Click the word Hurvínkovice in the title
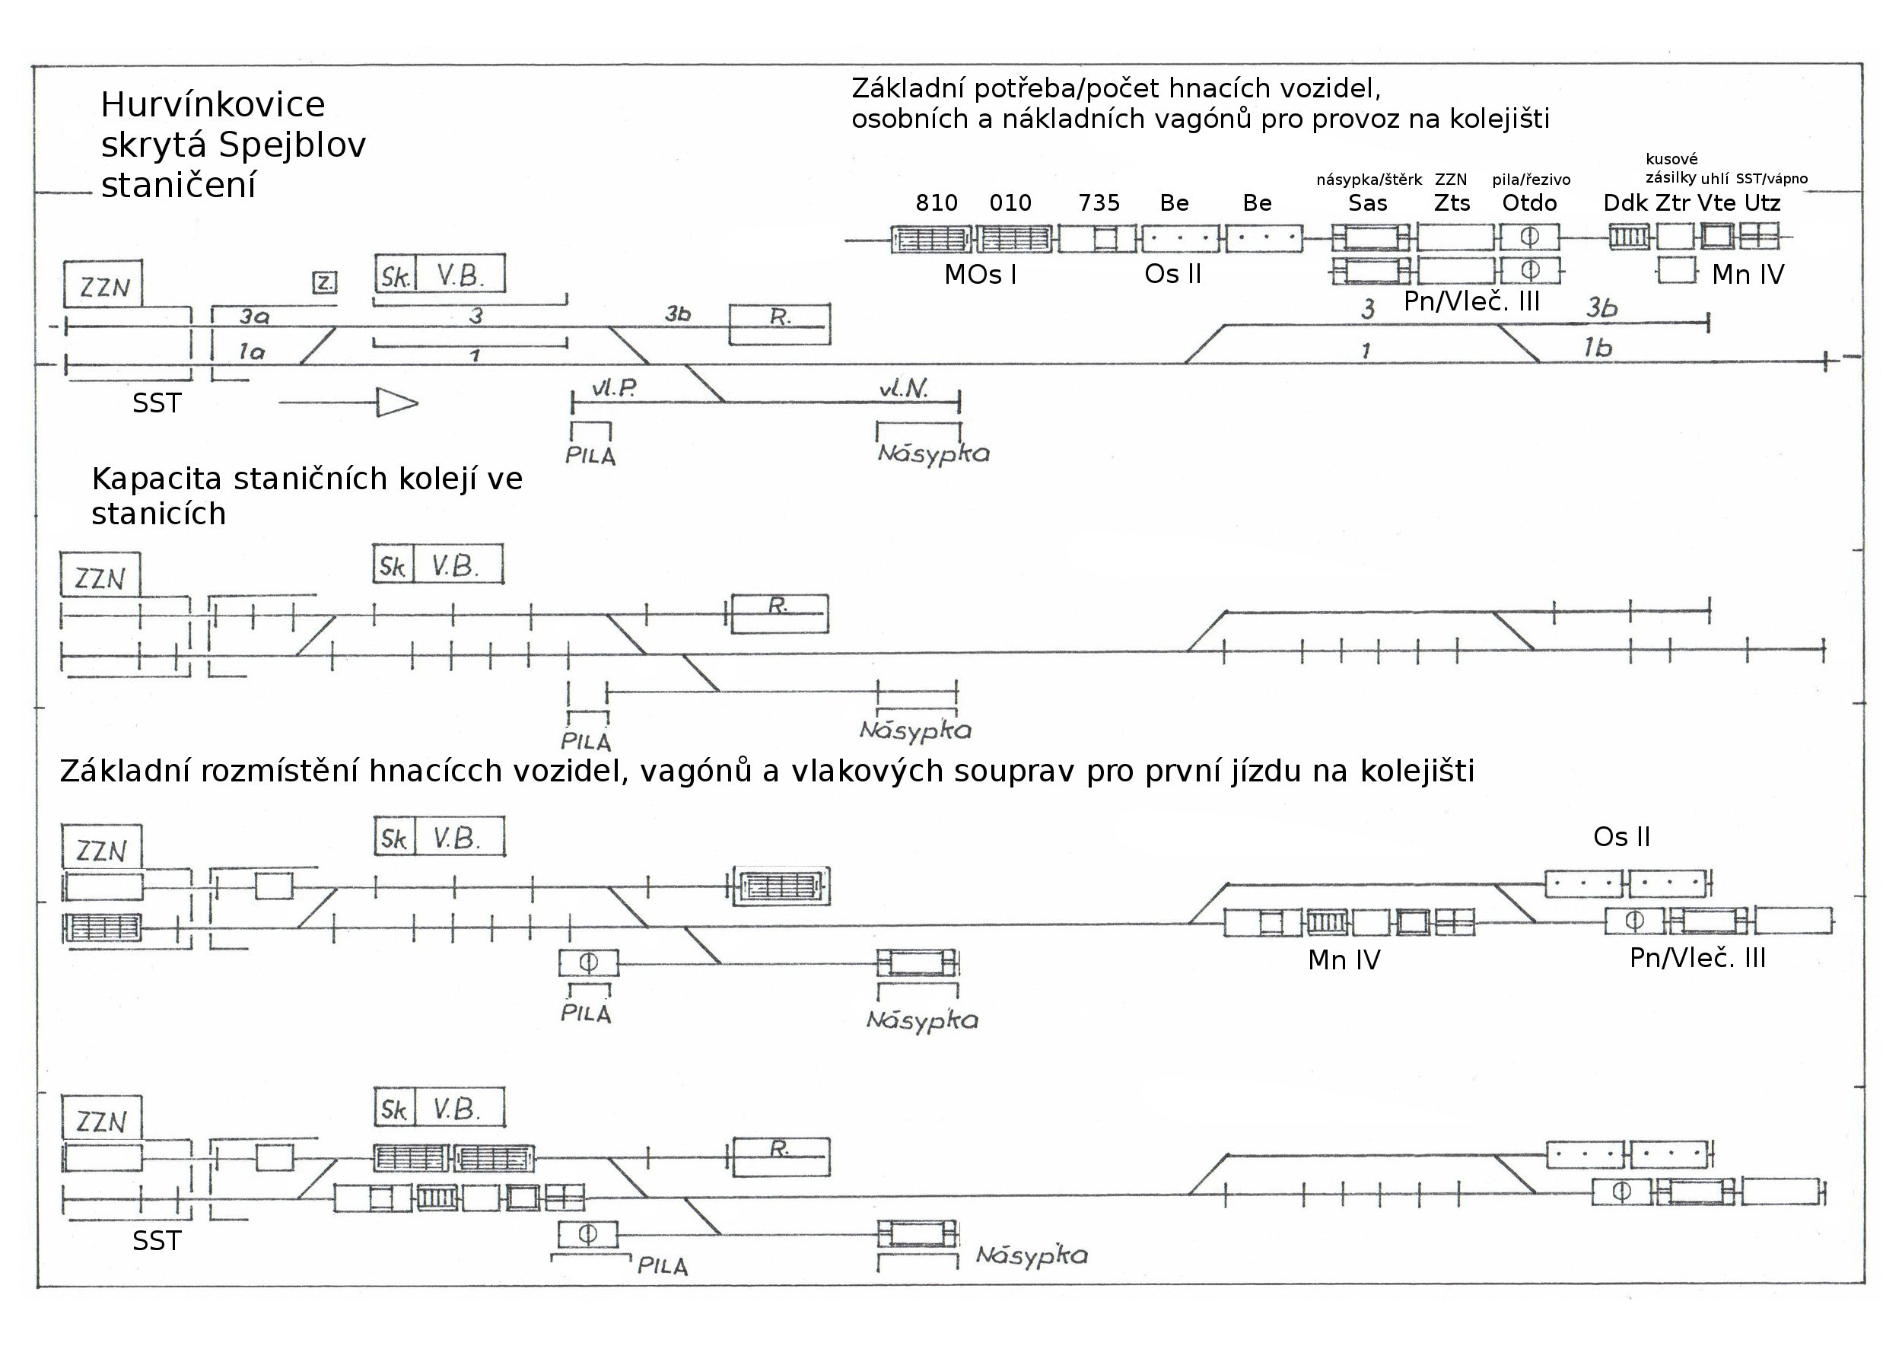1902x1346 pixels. click(x=212, y=105)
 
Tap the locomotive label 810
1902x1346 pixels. click(x=936, y=203)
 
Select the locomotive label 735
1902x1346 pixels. click(x=1098, y=203)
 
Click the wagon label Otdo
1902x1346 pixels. click(x=1529, y=203)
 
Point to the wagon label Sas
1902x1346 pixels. click(x=1367, y=203)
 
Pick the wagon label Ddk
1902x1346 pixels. click(x=1625, y=203)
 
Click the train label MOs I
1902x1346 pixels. click(x=980, y=275)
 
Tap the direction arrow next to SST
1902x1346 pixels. click(x=349, y=403)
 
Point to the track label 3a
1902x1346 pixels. click(x=254, y=316)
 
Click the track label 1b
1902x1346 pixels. click(x=1597, y=348)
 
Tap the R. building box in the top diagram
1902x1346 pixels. click(x=779, y=324)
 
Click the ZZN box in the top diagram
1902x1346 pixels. click(x=103, y=286)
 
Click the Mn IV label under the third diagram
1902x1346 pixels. click(x=1344, y=959)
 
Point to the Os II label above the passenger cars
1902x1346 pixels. click(x=1621, y=837)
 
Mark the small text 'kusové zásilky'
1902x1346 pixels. click(x=1671, y=168)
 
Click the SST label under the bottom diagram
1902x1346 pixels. click(x=157, y=1241)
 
